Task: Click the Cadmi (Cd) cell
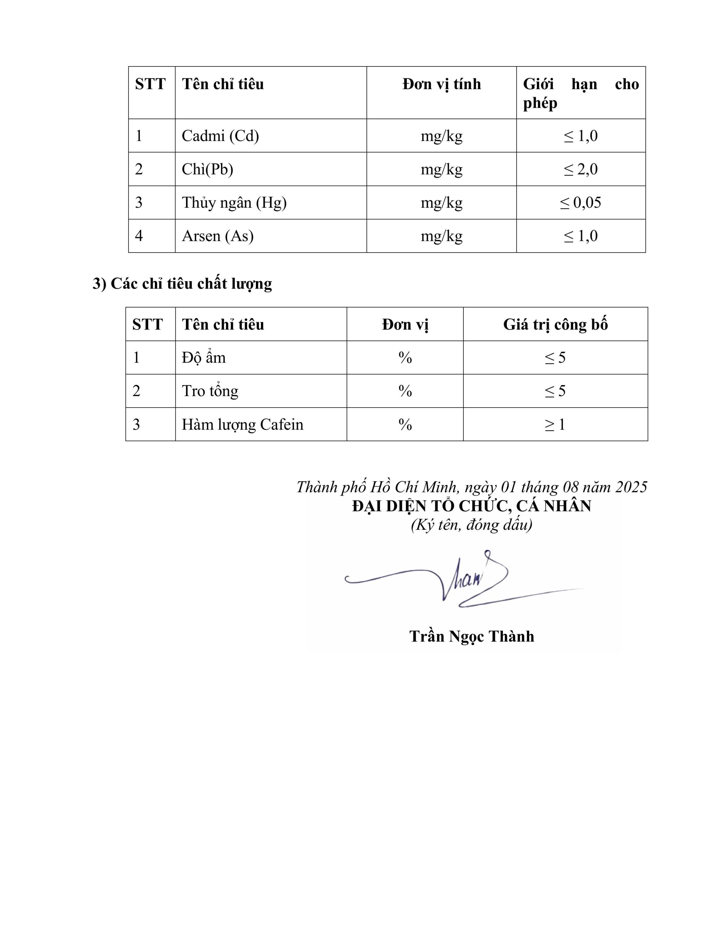(220, 136)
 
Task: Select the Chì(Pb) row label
(208, 169)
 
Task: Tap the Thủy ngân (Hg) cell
(234, 203)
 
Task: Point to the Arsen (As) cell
(218, 236)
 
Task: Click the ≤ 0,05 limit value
(580, 203)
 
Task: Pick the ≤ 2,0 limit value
(580, 169)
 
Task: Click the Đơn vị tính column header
(441, 84)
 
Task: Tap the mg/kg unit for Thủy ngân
(441, 203)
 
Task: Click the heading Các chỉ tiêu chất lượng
(182, 284)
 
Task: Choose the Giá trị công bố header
(555, 325)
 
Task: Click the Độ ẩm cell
(204, 358)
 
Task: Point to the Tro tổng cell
(210, 391)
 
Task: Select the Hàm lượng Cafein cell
(243, 425)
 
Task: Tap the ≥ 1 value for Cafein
(555, 425)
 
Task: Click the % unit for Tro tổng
(405, 391)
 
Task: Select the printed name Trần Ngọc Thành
(471, 637)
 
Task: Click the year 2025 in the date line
(631, 487)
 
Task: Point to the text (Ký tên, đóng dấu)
(471, 525)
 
